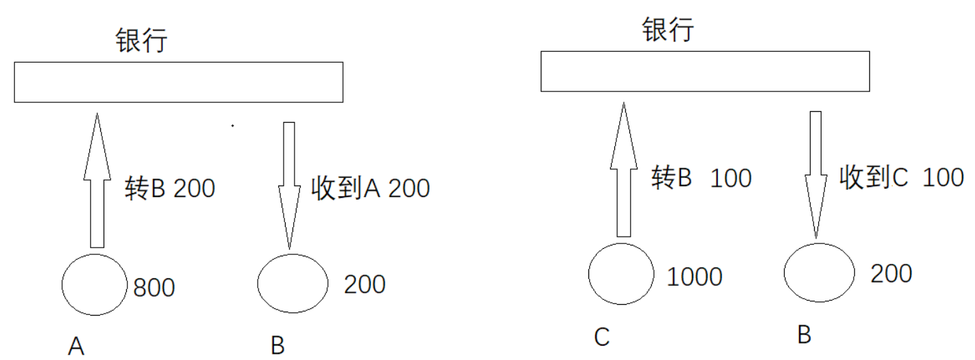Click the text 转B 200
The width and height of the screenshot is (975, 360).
(x=170, y=188)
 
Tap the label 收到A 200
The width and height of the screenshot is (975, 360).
(x=370, y=187)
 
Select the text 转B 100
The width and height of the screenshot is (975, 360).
(x=701, y=178)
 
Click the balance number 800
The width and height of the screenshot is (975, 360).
(x=154, y=288)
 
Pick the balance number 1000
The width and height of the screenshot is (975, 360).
(x=695, y=277)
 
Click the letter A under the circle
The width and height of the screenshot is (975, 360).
(x=76, y=347)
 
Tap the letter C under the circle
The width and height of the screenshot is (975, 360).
(x=601, y=337)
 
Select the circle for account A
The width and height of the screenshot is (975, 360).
(x=95, y=285)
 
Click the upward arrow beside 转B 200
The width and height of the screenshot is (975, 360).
(x=97, y=181)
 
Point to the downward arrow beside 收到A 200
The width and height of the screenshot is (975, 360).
(x=289, y=184)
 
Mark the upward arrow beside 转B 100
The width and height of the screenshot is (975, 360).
(x=623, y=170)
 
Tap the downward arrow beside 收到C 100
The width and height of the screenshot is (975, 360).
(x=815, y=174)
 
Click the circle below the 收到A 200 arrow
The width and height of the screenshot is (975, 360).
(x=292, y=284)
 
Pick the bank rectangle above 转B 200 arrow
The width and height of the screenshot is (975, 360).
(x=179, y=82)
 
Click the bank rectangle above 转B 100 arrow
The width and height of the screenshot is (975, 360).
(x=705, y=71)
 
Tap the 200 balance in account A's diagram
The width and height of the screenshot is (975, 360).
(x=365, y=284)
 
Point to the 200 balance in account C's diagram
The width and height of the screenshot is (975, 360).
(x=891, y=273)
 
